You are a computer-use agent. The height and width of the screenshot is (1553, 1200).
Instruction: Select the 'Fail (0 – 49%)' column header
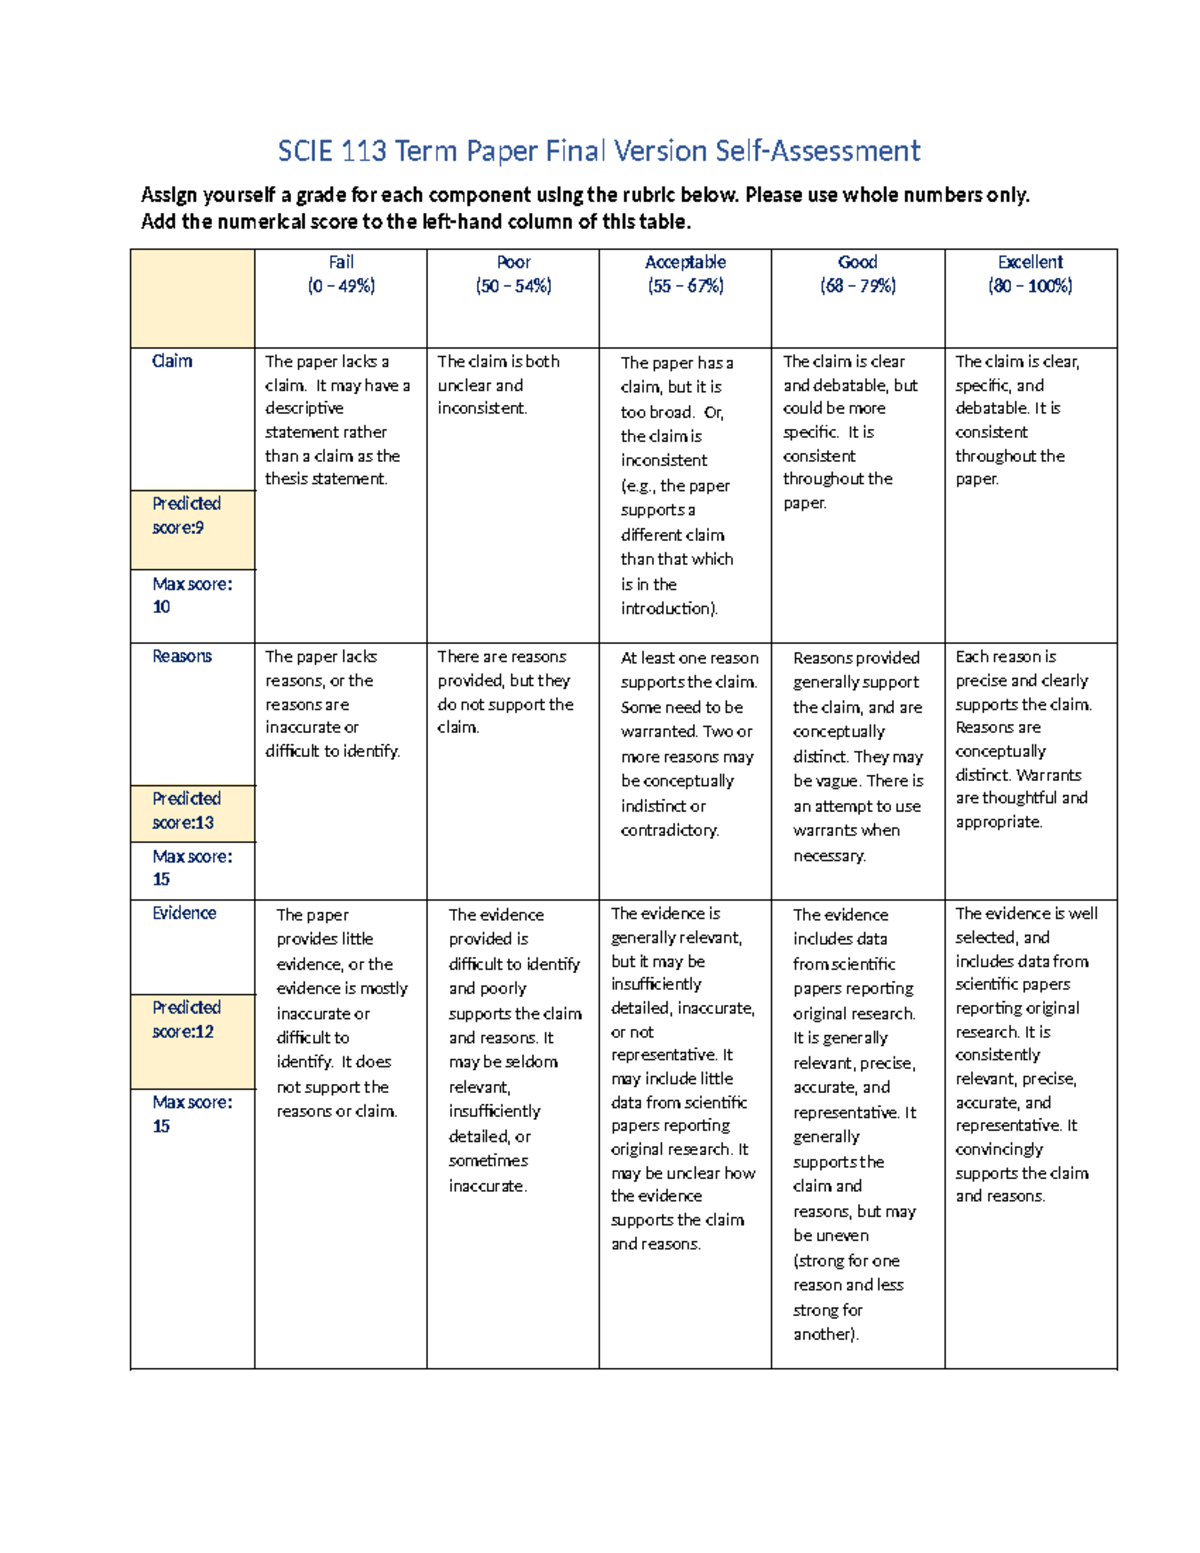[x=341, y=274]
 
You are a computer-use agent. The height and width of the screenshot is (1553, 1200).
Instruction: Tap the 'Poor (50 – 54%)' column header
[x=513, y=274]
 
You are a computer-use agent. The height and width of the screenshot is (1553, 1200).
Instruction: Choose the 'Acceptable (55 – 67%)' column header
[x=685, y=274]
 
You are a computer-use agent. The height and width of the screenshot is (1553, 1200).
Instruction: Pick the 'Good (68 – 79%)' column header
[x=858, y=274]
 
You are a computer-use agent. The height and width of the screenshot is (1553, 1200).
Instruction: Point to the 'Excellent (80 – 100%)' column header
[x=1030, y=274]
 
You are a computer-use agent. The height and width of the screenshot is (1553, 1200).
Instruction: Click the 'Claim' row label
[x=172, y=361]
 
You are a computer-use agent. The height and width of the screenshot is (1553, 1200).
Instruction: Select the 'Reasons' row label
[x=182, y=656]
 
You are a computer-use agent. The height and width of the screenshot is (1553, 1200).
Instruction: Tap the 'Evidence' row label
[x=184, y=913]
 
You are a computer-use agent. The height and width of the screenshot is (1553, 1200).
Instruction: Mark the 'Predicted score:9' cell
[x=187, y=516]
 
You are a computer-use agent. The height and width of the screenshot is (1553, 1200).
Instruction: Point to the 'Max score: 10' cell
[x=191, y=595]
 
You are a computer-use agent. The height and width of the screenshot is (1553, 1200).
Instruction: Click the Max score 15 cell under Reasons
[x=191, y=868]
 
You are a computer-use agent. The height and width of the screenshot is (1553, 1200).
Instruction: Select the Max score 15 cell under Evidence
[x=191, y=1114]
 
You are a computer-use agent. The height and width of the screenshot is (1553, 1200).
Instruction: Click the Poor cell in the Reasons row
[x=504, y=692]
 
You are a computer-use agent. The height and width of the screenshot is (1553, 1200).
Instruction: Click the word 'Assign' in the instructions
[x=169, y=195]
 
